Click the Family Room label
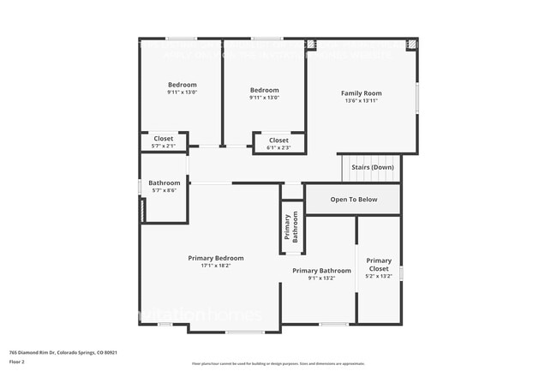pyautogui.click(x=361, y=93)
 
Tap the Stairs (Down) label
pyautogui.click(x=372, y=167)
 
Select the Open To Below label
pyautogui.click(x=354, y=200)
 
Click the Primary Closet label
pyautogui.click(x=379, y=265)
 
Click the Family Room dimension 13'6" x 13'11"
pyautogui.click(x=361, y=101)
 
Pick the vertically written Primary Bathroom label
pyautogui.click(x=291, y=227)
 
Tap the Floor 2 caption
pyautogui.click(x=18, y=361)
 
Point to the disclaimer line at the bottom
pyautogui.click(x=278, y=364)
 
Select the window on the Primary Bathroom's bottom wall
pyautogui.click(x=333, y=324)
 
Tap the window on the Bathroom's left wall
pyautogui.click(x=141, y=185)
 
